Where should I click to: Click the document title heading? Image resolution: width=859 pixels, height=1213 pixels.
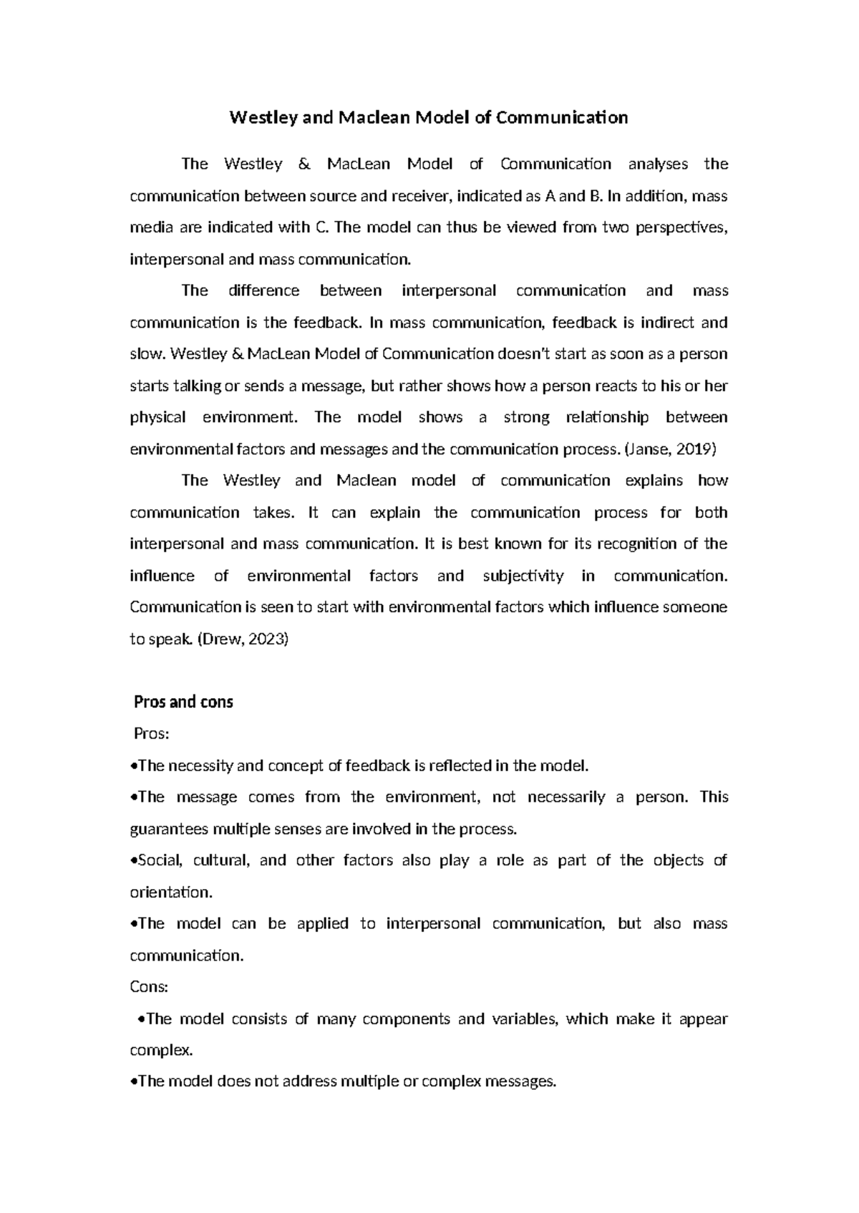428,117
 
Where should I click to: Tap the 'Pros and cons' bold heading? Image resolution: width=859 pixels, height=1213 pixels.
183,702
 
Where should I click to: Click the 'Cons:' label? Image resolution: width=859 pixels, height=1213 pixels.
149,987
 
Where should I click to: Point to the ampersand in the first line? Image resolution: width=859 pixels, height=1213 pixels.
304,164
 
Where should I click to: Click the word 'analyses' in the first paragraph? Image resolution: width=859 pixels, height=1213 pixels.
658,164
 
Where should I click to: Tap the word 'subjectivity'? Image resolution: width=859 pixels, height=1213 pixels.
523,576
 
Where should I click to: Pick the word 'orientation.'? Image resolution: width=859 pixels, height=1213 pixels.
171,892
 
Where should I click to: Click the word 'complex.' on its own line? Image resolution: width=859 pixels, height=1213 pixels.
161,1050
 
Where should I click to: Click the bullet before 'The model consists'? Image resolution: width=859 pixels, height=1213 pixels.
140,1019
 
